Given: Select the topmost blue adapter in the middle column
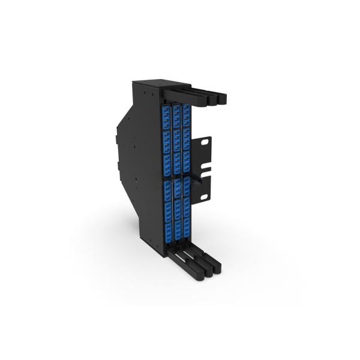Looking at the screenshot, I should coord(176,112).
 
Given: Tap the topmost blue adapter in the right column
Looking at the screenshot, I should coord(186,110).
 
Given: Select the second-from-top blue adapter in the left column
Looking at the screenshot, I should coord(166,124).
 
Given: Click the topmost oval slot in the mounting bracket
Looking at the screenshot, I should coord(206,143).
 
